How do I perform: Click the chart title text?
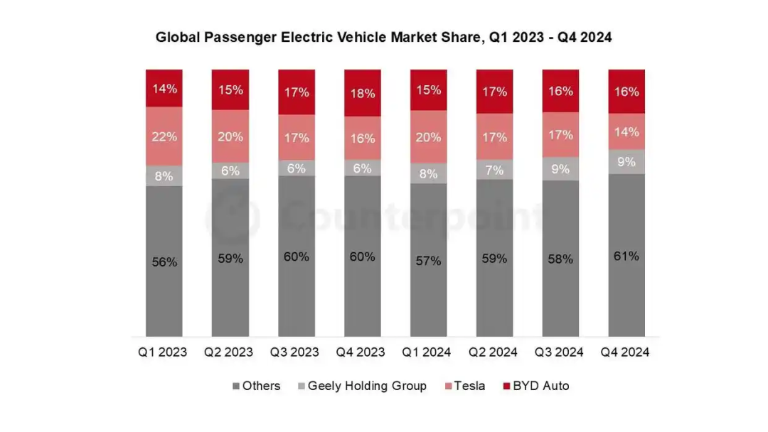384,37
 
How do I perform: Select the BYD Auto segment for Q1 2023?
164,88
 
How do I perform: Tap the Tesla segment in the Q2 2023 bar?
230,136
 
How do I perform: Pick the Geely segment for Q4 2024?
626,162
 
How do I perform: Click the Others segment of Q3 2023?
297,256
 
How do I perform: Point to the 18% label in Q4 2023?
363,93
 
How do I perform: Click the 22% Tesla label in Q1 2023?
164,136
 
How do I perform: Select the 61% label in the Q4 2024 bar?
626,256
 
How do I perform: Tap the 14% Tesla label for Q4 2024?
626,131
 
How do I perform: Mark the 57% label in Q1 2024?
429,261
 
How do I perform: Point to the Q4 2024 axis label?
625,352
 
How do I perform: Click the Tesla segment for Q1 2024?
429,137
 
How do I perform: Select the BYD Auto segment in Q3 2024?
560,91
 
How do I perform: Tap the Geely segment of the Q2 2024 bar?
495,171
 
